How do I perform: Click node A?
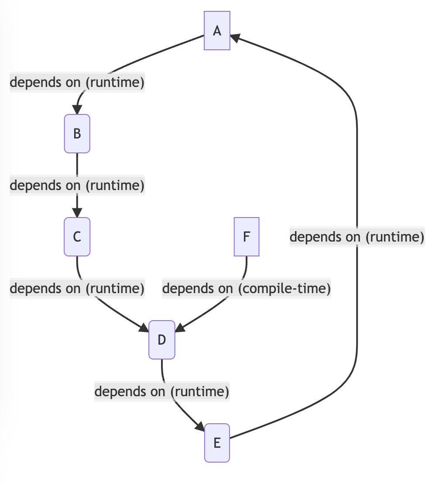coord(217,31)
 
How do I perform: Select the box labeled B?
coord(77,134)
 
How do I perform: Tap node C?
coord(77,237)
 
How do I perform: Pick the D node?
coord(162,340)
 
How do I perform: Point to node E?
coord(217,443)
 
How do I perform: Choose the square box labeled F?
coord(247,237)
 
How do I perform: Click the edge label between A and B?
coord(77,82)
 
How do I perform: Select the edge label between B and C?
coord(77,185)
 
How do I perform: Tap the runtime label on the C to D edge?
coord(77,288)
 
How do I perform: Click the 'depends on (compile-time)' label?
coord(247,288)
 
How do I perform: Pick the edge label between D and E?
coord(162,391)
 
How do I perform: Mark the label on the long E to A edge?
coord(357,237)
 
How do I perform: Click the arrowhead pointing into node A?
coord(235,38)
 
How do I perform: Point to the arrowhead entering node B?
coord(77,110)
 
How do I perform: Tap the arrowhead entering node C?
coord(77,213)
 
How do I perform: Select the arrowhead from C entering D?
coord(144,329)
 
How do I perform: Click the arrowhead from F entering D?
coord(180,329)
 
